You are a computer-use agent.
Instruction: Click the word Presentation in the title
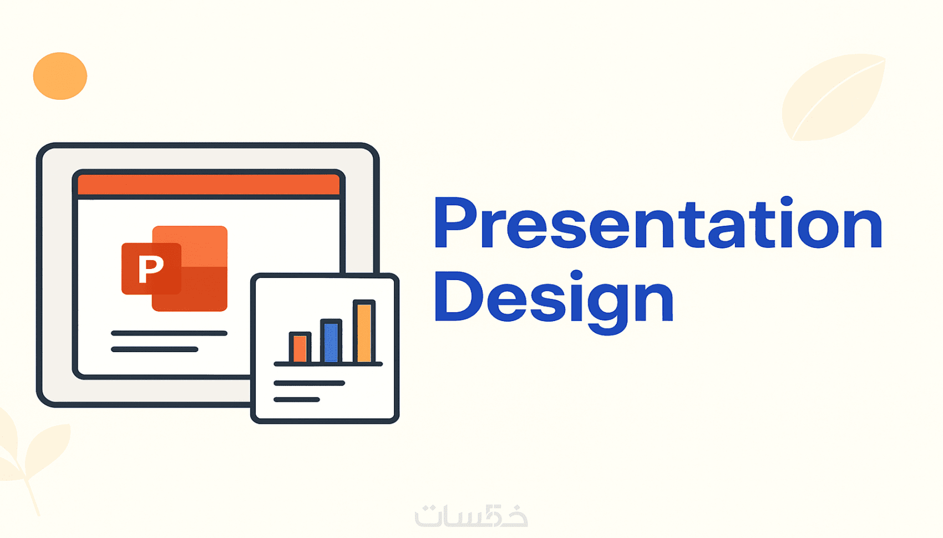pos(658,222)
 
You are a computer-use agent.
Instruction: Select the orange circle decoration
pos(60,76)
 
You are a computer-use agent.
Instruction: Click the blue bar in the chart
pos(331,341)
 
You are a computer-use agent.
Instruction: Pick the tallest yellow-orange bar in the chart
pos(364,331)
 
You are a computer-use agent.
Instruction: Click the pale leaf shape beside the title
pos(834,97)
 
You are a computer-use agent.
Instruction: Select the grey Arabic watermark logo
pos(471,516)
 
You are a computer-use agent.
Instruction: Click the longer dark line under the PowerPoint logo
pos(169,333)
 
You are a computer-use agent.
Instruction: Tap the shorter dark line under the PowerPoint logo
pos(155,349)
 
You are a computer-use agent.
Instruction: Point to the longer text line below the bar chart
pos(310,383)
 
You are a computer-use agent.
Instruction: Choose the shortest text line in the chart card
pos(297,399)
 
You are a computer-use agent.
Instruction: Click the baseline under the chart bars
pos(328,364)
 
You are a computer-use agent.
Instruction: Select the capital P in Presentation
pos(455,223)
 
